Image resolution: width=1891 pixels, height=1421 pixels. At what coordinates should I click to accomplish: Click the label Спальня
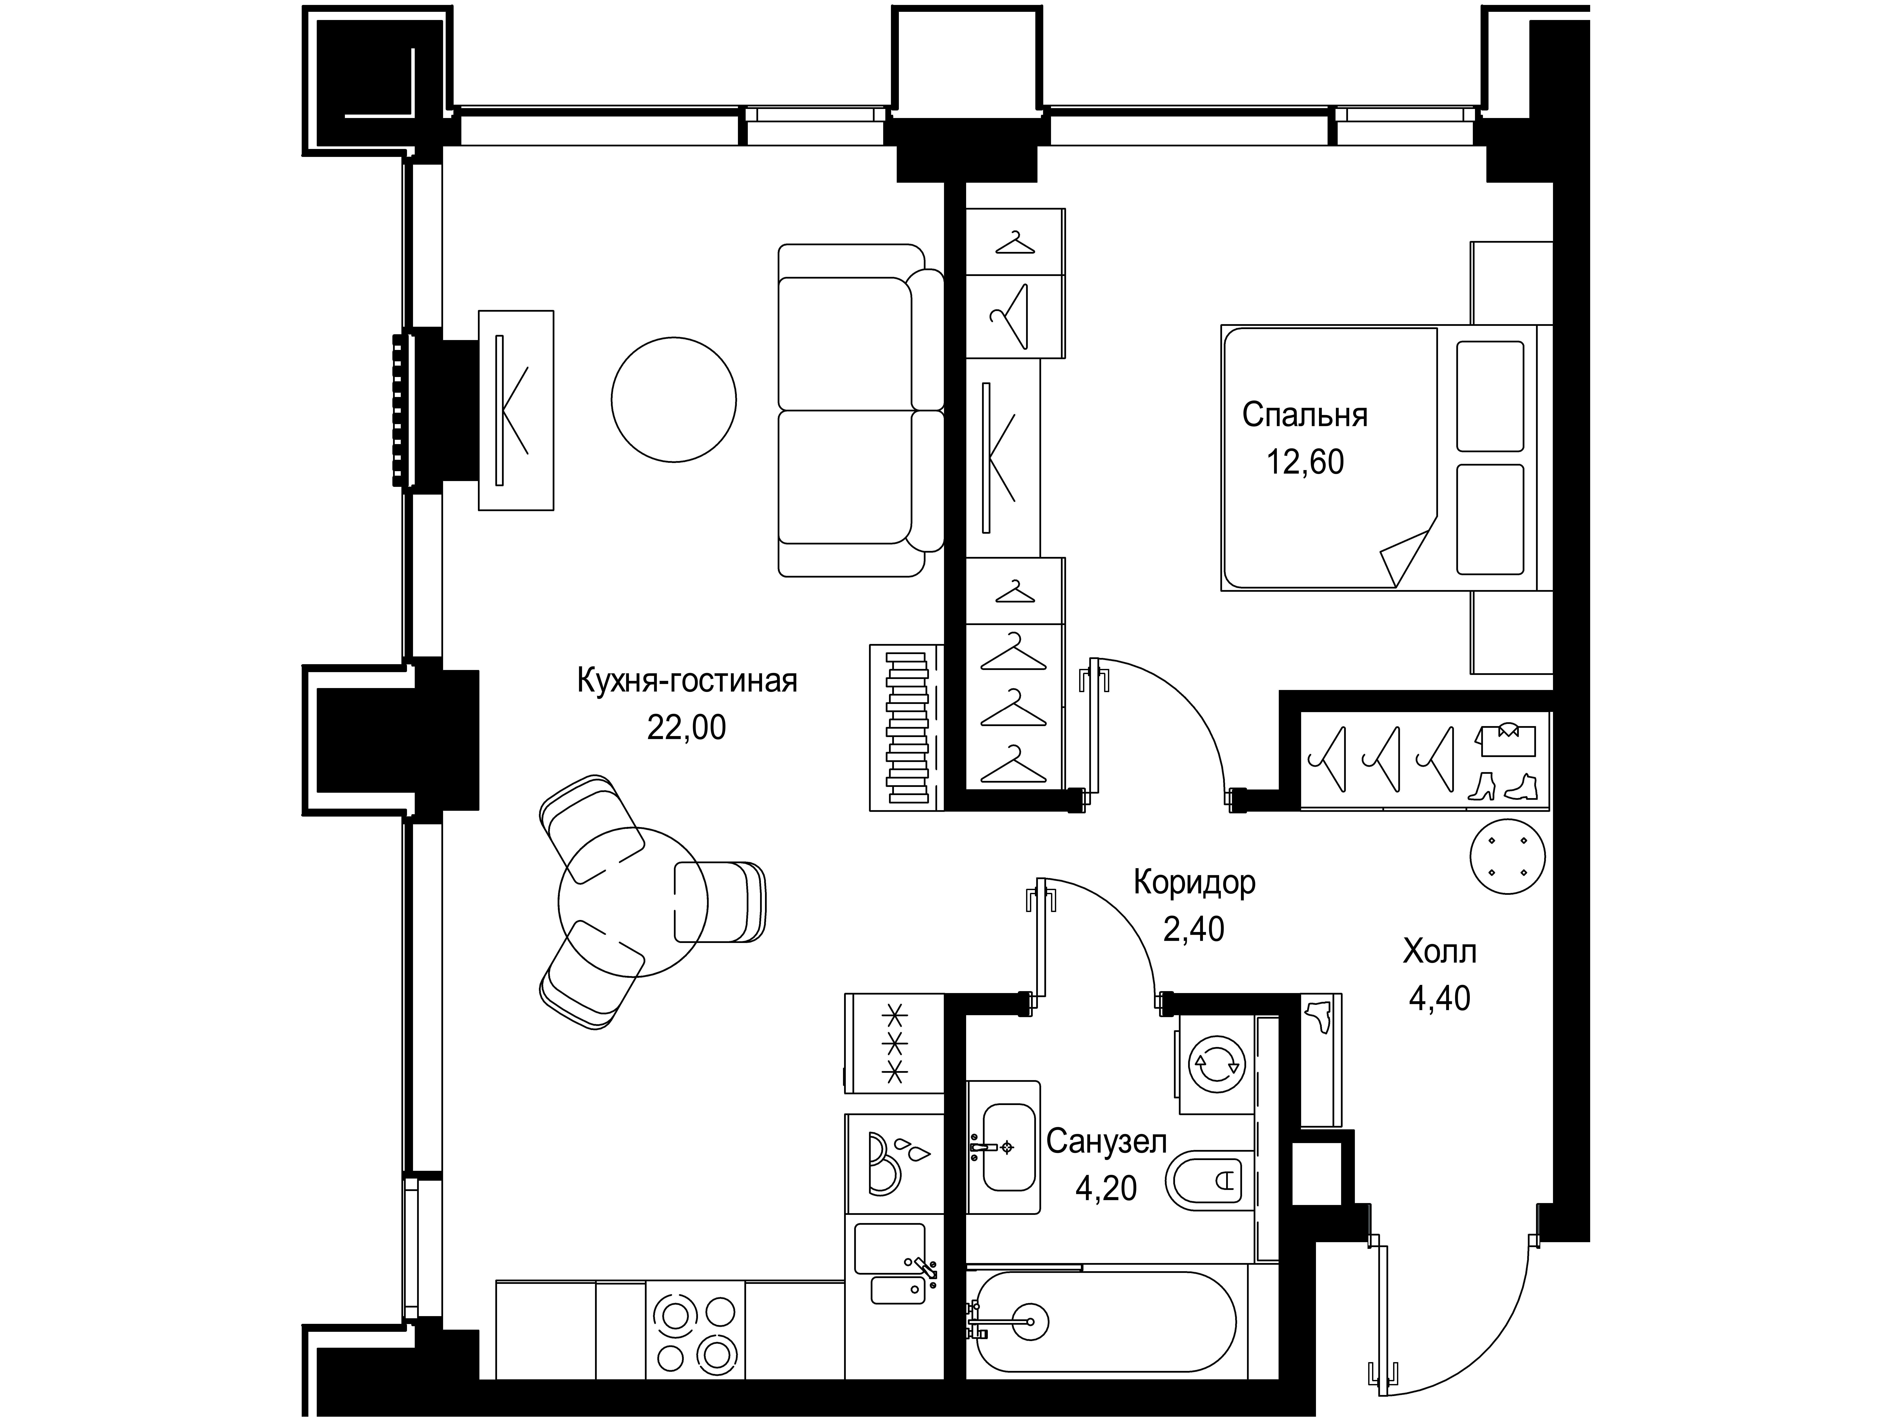(1305, 415)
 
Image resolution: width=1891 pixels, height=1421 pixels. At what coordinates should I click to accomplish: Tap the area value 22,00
(687, 728)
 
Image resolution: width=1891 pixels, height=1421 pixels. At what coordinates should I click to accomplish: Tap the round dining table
(633, 902)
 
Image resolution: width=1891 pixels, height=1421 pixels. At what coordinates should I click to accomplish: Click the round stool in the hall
(1507, 856)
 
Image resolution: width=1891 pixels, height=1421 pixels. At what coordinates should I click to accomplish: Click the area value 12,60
(1305, 463)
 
